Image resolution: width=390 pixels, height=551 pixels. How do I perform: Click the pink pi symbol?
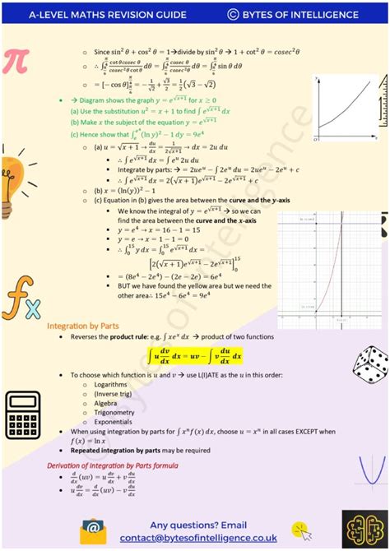pyautogui.click(x=17, y=63)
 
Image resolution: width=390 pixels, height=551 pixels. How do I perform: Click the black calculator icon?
pyautogui.click(x=22, y=412)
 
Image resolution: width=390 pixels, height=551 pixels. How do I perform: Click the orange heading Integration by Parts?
pyautogui.click(x=82, y=326)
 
